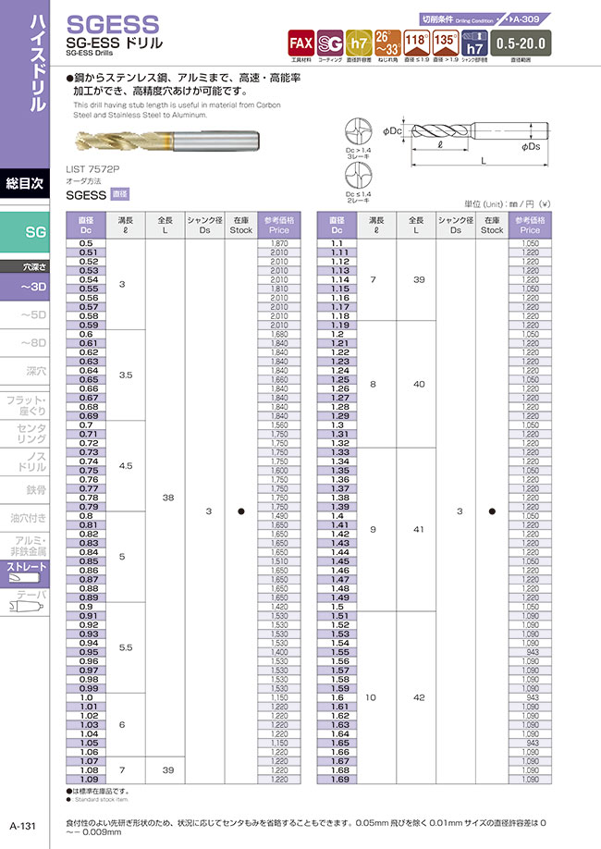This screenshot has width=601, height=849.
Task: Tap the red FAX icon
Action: [x=300, y=43]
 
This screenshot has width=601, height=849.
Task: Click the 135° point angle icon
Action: [x=446, y=43]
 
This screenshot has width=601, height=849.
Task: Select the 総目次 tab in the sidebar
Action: [x=25, y=182]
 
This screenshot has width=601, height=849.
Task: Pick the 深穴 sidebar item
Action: [x=35, y=371]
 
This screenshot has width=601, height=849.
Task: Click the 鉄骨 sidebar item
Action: [x=35, y=490]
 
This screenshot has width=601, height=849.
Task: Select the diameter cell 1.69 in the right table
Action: [x=339, y=779]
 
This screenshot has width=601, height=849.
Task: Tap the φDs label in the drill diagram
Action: [x=531, y=146]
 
